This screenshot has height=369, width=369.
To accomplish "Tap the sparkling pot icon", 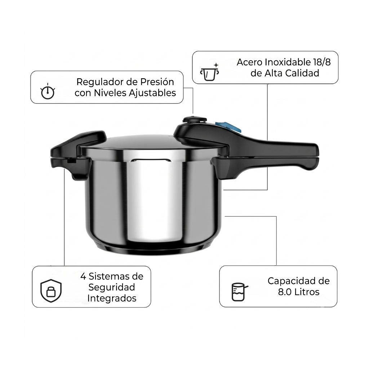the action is click(209, 72).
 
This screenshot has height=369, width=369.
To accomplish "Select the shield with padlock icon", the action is click(51, 291).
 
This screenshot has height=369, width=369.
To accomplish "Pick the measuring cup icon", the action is click(239, 292).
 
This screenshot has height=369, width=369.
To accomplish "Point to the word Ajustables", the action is click(152, 93).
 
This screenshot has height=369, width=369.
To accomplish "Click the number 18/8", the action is click(322, 62).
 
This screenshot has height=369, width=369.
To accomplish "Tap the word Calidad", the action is click(302, 73).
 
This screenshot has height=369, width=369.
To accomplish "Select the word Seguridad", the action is click(112, 287).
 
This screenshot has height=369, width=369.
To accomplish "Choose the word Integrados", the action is click(112, 298).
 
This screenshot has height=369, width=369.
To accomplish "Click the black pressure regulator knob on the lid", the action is click(195, 120).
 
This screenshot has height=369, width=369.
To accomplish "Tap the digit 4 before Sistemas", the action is click(83, 276).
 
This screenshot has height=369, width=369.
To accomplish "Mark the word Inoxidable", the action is click(288, 62).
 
